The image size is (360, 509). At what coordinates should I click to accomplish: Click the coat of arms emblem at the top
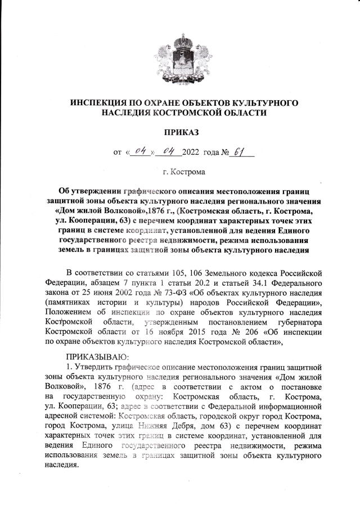180,56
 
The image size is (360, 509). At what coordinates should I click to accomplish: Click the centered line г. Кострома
180,172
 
